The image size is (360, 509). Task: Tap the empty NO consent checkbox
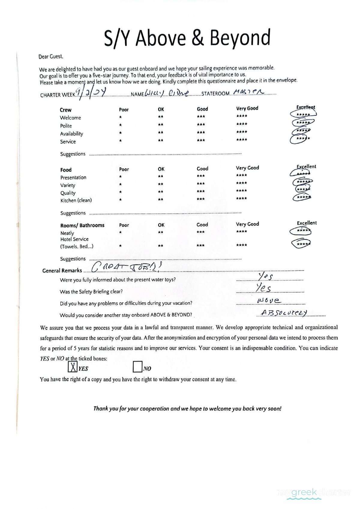137,367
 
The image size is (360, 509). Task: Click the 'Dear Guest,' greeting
51,57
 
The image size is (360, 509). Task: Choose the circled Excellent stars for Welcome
303,114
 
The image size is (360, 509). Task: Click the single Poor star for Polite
120,125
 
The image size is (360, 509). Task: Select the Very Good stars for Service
241,140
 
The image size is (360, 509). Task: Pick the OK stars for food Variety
160,184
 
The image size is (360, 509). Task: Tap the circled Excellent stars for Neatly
301,231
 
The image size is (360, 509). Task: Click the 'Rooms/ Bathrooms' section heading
82,225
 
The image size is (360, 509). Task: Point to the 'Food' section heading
66,170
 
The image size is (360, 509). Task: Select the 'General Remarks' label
62,270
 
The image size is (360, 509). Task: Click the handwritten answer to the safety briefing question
264,288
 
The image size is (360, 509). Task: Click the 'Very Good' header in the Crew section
247,108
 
